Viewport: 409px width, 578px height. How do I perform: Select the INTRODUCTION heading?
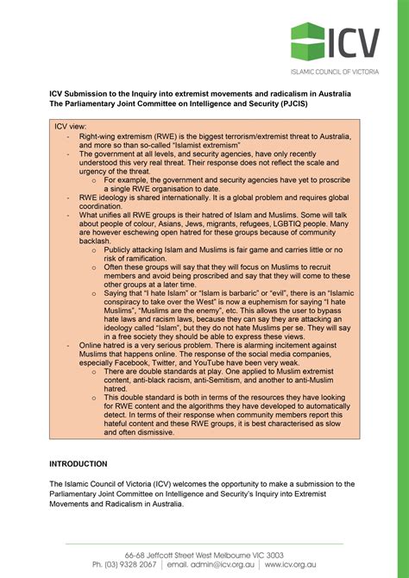(x=78, y=463)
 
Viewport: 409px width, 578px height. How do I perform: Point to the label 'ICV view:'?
(x=71, y=127)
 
